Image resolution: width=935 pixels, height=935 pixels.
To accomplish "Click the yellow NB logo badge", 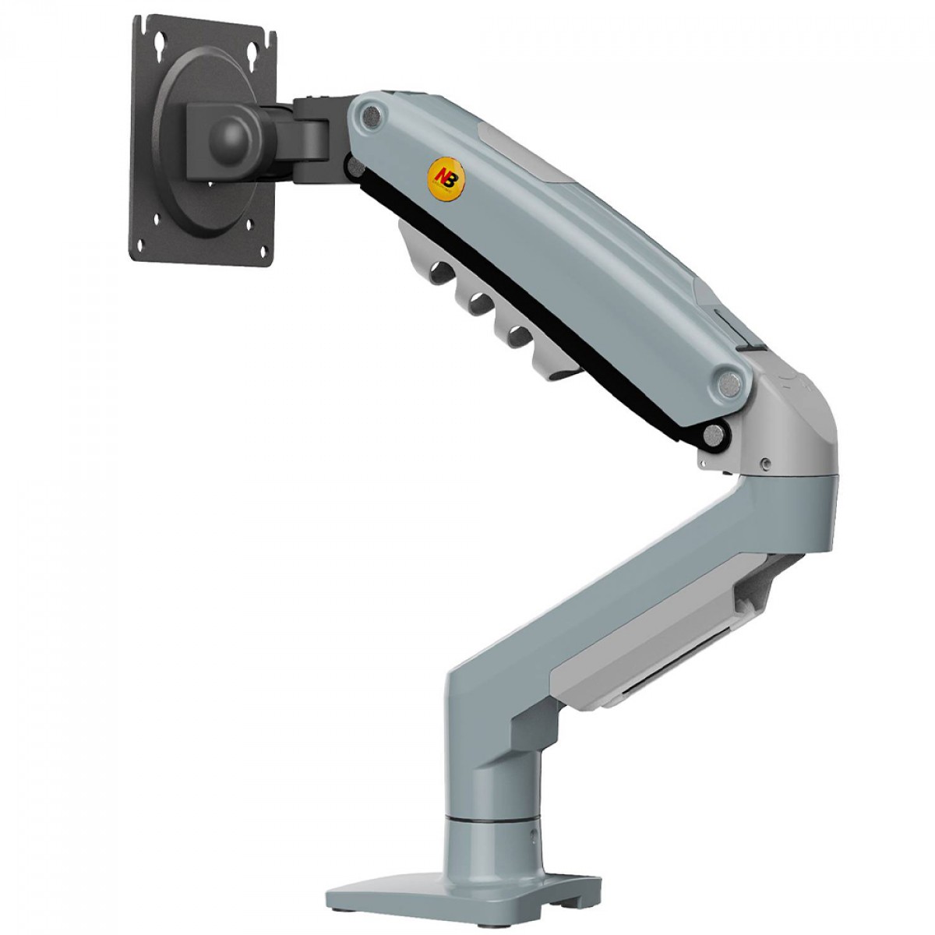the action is pos(446,178).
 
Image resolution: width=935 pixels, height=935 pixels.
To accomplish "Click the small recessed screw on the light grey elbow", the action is pos(766,464).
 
